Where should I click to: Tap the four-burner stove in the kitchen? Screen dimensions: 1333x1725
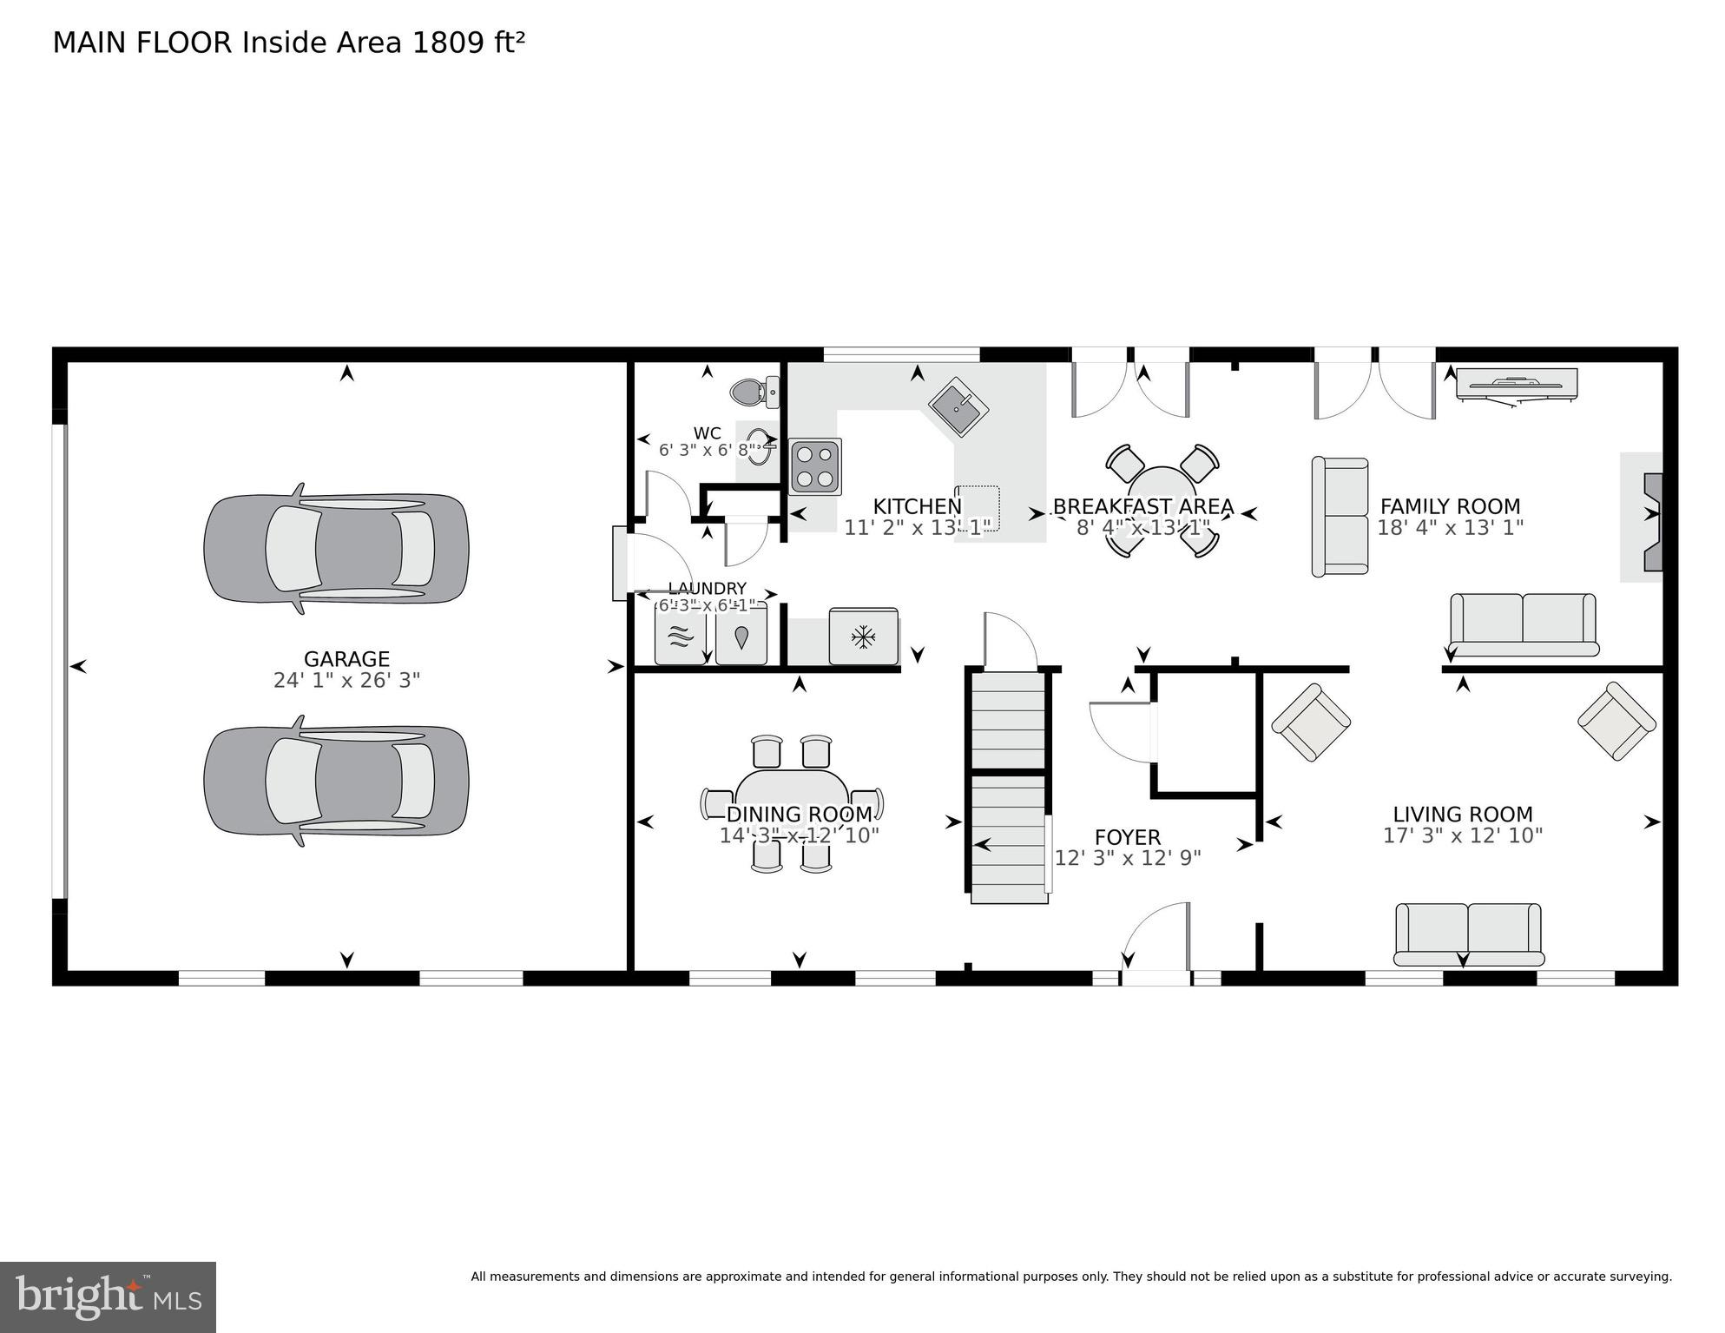click(x=815, y=467)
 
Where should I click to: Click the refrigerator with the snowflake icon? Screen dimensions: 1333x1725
click(x=863, y=637)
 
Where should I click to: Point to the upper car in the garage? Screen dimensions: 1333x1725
click(x=336, y=548)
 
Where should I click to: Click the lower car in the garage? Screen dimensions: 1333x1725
click(x=336, y=781)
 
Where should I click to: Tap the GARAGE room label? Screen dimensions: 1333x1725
click(x=346, y=659)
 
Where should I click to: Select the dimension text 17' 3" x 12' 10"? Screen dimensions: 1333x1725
click(x=1462, y=835)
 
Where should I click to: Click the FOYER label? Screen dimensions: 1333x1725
click(x=1127, y=837)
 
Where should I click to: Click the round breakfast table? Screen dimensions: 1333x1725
click(x=1162, y=500)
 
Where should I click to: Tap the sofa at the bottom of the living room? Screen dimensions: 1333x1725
click(x=1468, y=934)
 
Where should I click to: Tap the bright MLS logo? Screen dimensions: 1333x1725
click(x=108, y=1297)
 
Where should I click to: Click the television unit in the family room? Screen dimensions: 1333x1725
click(x=1516, y=384)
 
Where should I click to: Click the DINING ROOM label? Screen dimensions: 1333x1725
click(x=799, y=815)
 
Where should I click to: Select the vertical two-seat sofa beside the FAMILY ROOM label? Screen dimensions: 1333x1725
click(x=1340, y=517)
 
